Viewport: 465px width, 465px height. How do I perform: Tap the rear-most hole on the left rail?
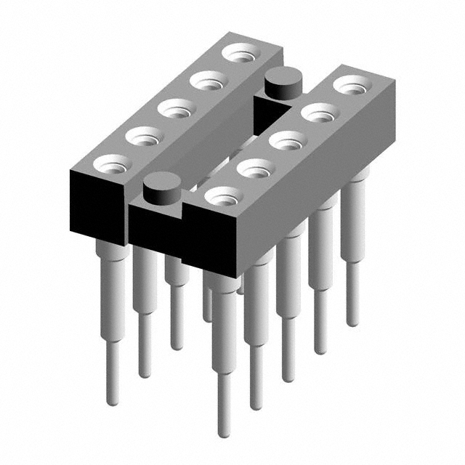pos(240,53)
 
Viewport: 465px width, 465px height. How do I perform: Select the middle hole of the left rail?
pos(177,109)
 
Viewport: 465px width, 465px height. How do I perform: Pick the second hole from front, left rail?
pos(144,136)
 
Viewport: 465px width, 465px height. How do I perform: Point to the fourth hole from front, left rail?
pos(209,81)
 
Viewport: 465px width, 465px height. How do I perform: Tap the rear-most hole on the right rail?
pos(352,84)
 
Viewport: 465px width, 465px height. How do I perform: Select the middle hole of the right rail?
pos(288,140)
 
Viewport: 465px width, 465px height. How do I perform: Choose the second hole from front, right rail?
pos(256,169)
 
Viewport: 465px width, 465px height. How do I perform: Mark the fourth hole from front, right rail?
pos(320,113)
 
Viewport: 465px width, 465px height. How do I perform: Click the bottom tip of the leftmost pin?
pos(112,402)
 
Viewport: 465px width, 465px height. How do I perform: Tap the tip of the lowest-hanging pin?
pos(225,434)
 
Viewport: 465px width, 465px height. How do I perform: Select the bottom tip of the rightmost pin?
pos(352,323)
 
